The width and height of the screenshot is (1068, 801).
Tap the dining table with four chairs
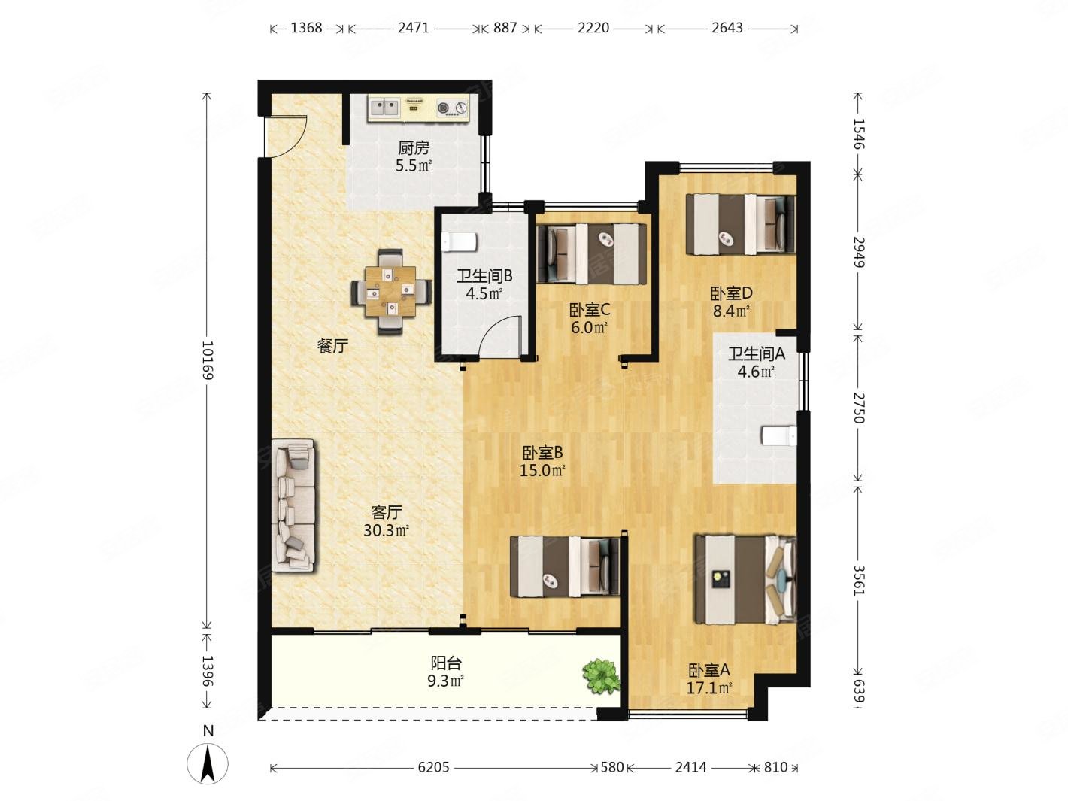pos(390,291)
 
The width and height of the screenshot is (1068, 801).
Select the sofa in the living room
pos(293,505)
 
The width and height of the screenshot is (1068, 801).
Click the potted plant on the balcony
pos(602,676)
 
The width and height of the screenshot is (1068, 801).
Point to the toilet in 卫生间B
pos(459,241)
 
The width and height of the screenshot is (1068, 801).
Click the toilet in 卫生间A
pos(779,435)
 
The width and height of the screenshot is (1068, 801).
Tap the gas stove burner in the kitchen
pos(453,108)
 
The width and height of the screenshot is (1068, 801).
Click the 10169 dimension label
pos(208,360)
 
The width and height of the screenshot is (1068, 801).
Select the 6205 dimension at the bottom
pos(433,767)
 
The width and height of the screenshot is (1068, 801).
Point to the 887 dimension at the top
pos(505,29)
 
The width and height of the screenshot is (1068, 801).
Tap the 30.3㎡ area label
pos(387,530)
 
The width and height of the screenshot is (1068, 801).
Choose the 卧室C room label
pos(590,310)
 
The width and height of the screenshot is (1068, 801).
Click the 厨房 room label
pos(414,147)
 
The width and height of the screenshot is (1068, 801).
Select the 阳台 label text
pos(446,663)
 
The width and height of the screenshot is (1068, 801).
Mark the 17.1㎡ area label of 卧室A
pos(709,687)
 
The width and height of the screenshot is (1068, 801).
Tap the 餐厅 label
pos(332,346)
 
